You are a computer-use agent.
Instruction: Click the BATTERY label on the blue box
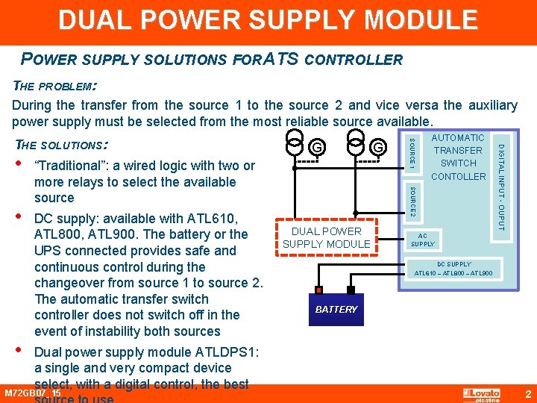click(336, 309)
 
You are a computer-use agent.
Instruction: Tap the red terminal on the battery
click(319, 290)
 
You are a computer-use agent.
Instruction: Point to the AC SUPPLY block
click(423, 239)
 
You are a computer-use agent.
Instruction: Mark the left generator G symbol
click(317, 147)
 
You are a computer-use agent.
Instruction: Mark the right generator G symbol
click(379, 147)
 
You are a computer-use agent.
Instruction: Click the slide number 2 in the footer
click(527, 393)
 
